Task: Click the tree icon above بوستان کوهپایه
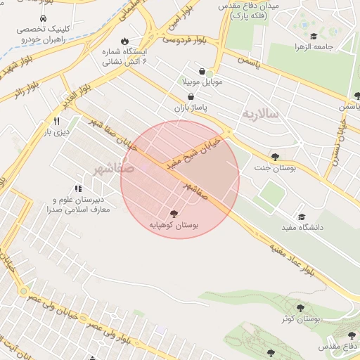[174, 213]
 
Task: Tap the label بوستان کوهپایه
[174, 225]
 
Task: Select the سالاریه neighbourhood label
[261, 112]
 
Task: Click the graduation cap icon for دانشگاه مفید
[302, 217]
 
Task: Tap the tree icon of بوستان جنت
[274, 157]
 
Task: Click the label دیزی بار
[55, 131]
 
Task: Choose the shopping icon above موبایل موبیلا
[202, 71]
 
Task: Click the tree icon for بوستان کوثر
[300, 307]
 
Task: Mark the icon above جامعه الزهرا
[314, 37]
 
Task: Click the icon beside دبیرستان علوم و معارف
[78, 188]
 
